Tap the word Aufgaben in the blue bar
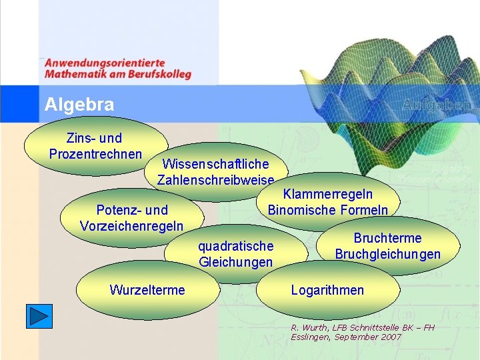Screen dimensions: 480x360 [438, 105]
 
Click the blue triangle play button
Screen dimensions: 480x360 [39, 315]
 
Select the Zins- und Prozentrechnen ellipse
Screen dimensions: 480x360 [95, 146]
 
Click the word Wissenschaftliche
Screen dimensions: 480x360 [215, 164]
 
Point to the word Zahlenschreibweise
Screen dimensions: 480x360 [215, 180]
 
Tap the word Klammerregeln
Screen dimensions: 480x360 [328, 195]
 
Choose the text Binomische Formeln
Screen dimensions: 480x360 [327, 211]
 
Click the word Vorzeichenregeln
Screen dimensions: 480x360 [131, 226]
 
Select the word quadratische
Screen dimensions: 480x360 [235, 247]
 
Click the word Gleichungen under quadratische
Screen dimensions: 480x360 [235, 263]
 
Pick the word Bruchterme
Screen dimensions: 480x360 [387, 239]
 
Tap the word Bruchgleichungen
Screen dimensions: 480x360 [387, 255]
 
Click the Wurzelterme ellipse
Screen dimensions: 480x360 [147, 290]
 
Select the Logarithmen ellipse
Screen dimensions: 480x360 [327, 290]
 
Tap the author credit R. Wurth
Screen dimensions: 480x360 [309, 327]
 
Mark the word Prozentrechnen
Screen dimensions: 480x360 [95, 154]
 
